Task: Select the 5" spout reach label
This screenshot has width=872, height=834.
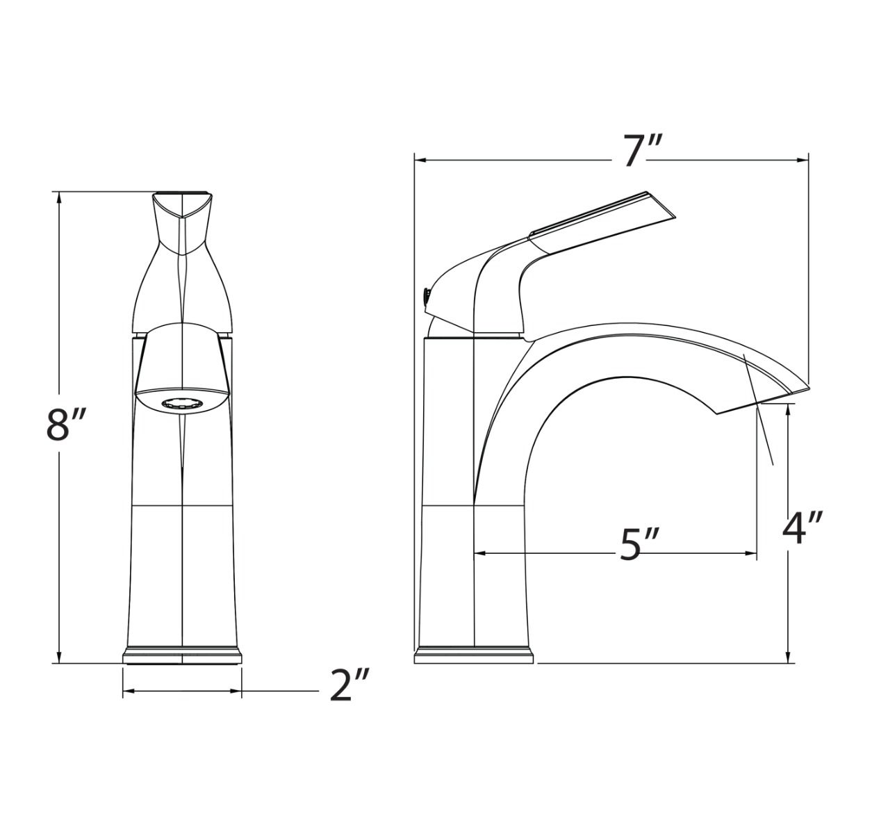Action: coord(639,543)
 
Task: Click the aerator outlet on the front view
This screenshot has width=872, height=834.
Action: coord(182,404)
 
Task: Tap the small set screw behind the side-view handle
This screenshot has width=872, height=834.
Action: coord(426,296)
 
